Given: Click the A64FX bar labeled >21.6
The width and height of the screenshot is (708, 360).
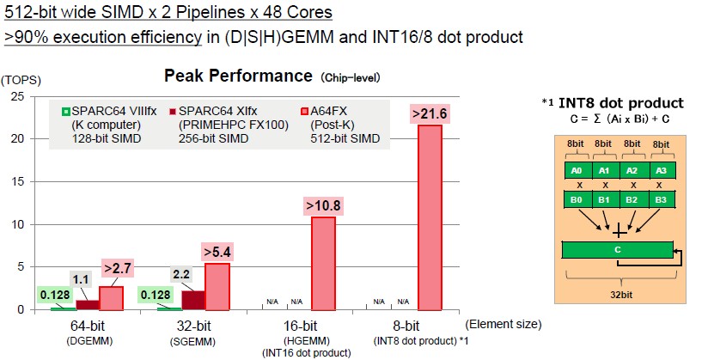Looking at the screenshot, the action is [430, 217].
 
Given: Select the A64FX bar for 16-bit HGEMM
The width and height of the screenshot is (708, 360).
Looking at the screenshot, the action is [323, 264].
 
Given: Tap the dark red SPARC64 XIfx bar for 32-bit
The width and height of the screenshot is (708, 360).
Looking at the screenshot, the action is [192, 301].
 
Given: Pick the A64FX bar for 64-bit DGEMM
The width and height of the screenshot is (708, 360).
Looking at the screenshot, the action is [111, 299].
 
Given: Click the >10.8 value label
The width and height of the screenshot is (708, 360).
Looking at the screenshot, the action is [323, 205].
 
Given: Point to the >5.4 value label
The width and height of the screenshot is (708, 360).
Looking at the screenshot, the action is [217, 252].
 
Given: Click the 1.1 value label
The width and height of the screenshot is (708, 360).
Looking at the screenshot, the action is [81, 280].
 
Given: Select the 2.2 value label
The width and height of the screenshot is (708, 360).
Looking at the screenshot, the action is [181, 274].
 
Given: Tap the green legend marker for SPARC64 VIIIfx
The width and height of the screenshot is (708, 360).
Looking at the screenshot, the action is [66, 112].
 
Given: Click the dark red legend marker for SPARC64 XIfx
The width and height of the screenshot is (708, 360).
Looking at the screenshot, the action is [172, 112].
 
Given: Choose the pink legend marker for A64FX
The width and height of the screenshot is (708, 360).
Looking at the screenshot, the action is [304, 112].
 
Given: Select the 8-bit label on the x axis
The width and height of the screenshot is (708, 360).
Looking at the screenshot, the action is [406, 326].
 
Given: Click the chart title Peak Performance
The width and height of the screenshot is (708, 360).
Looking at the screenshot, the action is [238, 76].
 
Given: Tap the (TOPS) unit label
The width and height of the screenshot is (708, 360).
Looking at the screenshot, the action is [21, 81].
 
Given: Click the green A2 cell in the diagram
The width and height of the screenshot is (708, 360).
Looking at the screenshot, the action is [632, 171].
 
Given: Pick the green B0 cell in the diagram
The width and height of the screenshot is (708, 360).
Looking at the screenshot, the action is [577, 199].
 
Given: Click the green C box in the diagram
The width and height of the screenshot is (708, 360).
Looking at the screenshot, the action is [617, 250].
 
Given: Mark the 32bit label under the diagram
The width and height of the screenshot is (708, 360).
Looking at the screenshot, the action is [621, 295].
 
